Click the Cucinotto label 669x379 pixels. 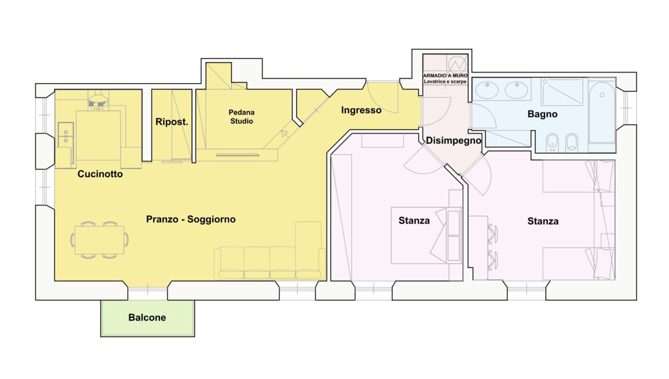pos(100,174)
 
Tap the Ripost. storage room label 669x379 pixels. pos(172,122)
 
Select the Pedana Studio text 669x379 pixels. pos(241,117)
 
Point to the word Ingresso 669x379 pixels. pos(361,110)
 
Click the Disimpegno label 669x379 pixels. pos(453,140)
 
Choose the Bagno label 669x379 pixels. pos(542,114)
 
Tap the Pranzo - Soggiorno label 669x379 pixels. pos(191,219)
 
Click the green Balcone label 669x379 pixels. pos(147,317)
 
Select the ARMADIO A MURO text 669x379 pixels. pos(445,76)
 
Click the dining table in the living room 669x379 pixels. pos(99,240)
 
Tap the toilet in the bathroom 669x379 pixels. pos(571,143)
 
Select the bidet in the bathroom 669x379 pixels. pos(552,143)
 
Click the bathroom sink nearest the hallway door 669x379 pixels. pos(487,90)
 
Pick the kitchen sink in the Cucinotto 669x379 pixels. pos(65,134)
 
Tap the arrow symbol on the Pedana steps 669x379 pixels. pos(284,133)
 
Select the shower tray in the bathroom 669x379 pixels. pos(562,92)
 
